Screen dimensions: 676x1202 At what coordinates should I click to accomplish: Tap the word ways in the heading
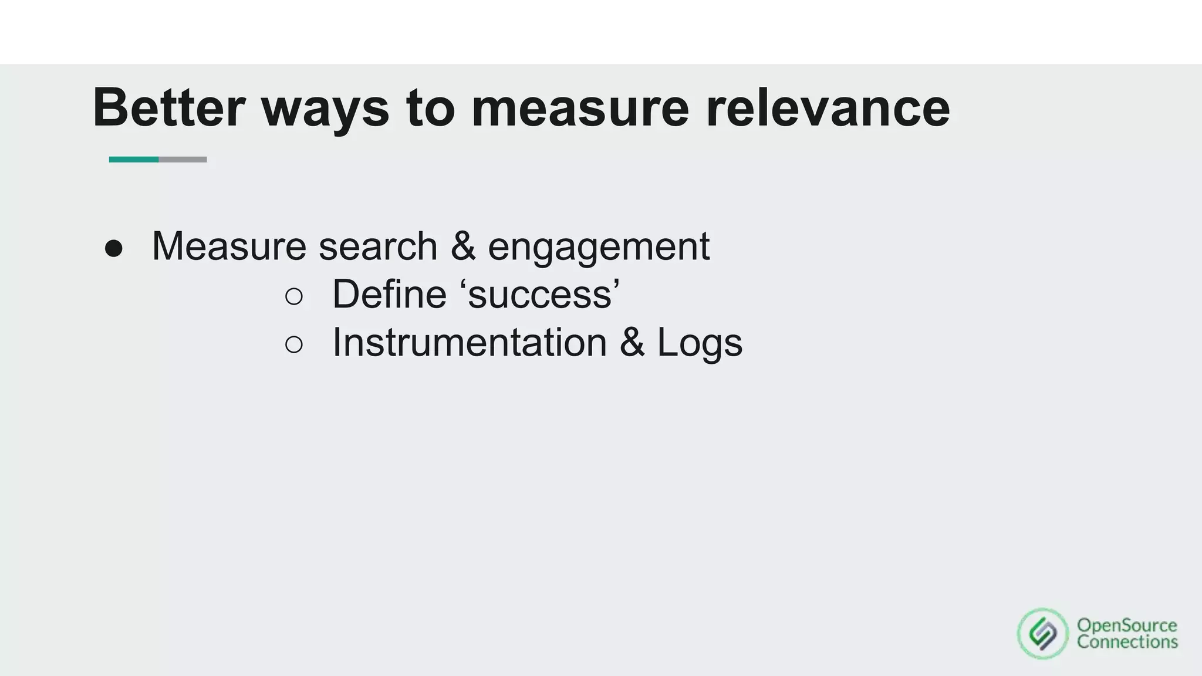click(325, 109)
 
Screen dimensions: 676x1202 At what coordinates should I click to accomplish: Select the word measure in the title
click(580, 109)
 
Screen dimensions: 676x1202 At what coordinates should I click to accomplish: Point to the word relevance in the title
click(828, 109)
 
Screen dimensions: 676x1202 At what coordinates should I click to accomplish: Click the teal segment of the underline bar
click(134, 160)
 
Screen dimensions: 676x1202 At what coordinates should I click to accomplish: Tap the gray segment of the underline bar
click(183, 160)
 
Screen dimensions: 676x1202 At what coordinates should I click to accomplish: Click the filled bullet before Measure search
click(114, 248)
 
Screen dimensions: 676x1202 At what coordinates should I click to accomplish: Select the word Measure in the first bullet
click(229, 246)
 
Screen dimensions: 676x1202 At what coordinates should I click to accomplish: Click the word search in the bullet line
click(378, 246)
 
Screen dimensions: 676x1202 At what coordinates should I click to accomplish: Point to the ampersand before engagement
click(463, 246)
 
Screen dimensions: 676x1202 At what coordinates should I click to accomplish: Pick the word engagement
click(599, 247)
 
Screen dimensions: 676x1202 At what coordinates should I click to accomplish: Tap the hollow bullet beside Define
click(294, 296)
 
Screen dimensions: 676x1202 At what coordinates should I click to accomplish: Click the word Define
click(389, 294)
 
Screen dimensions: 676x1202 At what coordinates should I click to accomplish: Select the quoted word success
click(543, 294)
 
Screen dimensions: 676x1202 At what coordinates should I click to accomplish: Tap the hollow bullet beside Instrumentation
click(294, 344)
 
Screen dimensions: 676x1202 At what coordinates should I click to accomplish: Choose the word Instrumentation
click(470, 342)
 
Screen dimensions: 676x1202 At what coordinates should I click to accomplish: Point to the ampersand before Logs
click(632, 342)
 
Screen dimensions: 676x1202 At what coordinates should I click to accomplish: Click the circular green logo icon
click(1043, 634)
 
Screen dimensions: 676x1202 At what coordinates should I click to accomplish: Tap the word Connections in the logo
click(1127, 642)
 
